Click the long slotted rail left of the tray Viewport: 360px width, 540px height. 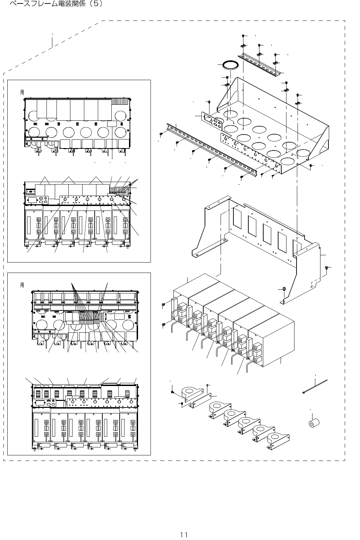[x=212, y=149]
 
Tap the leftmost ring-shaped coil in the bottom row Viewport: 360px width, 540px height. [x=190, y=394]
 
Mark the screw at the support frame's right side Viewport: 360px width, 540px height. [x=327, y=267]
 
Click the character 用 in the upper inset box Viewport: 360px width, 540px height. [x=22, y=93]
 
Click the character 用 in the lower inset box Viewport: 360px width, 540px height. [x=22, y=285]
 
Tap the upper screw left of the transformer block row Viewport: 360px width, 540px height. [x=163, y=305]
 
